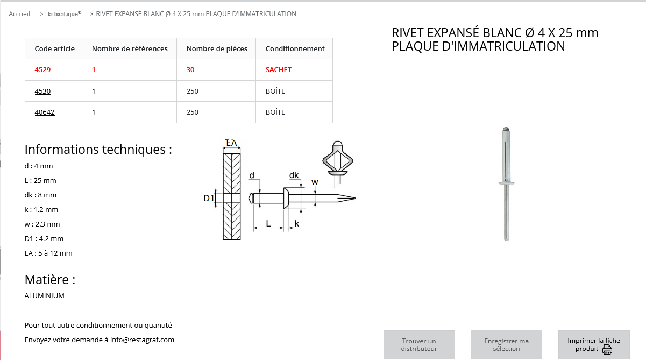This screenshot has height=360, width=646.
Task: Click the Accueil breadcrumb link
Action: (19, 14)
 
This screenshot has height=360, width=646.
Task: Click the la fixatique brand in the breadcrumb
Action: (64, 14)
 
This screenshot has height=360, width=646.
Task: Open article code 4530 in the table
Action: (42, 91)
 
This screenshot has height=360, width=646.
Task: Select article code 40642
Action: (45, 112)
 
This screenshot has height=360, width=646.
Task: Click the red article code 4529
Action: (42, 70)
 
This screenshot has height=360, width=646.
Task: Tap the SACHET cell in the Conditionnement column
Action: (278, 70)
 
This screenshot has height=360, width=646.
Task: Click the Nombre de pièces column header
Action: (217, 48)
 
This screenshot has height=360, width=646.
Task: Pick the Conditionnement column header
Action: (295, 48)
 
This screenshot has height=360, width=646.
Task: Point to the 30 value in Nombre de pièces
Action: (190, 70)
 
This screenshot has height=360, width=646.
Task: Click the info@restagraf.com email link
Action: (142, 340)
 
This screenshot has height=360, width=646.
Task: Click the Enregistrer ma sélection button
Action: (506, 345)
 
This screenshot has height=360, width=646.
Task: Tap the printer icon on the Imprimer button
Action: (607, 350)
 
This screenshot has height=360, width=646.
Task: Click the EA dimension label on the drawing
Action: (231, 143)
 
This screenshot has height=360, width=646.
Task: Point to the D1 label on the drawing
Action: (209, 199)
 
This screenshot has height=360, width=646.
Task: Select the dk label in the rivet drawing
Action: (294, 175)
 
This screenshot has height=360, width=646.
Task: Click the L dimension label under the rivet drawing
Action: (268, 223)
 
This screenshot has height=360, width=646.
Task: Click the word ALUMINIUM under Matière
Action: (45, 296)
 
